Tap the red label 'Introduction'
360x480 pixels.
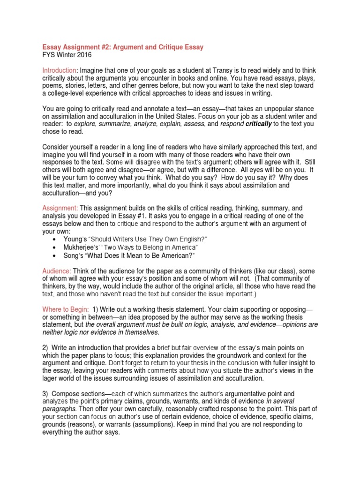click(x=59, y=70)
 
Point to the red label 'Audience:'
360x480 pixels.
click(x=57, y=271)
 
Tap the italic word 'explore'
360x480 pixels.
click(x=86, y=124)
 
